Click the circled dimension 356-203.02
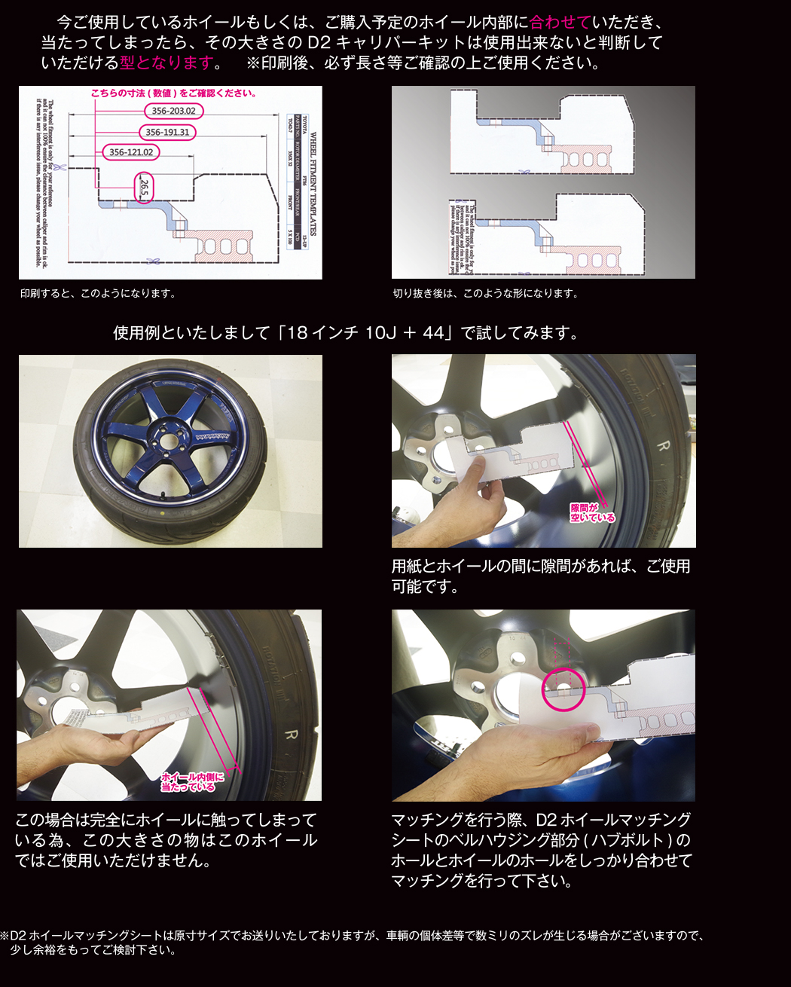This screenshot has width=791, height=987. [x=173, y=111]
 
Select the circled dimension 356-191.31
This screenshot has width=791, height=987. [x=167, y=132]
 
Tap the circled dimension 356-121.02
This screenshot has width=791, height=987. [x=130, y=152]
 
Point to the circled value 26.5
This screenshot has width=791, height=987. [x=144, y=188]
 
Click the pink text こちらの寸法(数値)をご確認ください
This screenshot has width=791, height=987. [x=173, y=93]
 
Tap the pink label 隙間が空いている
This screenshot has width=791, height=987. [x=592, y=513]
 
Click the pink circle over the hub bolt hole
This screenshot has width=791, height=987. [x=563, y=689]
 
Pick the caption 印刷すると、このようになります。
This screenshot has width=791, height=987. [x=98, y=294]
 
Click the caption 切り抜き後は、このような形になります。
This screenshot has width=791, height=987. [x=485, y=294]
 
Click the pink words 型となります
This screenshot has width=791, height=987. [x=166, y=63]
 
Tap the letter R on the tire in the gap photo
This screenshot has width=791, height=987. [x=663, y=446]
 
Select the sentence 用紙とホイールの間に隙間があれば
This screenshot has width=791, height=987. [x=540, y=566]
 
